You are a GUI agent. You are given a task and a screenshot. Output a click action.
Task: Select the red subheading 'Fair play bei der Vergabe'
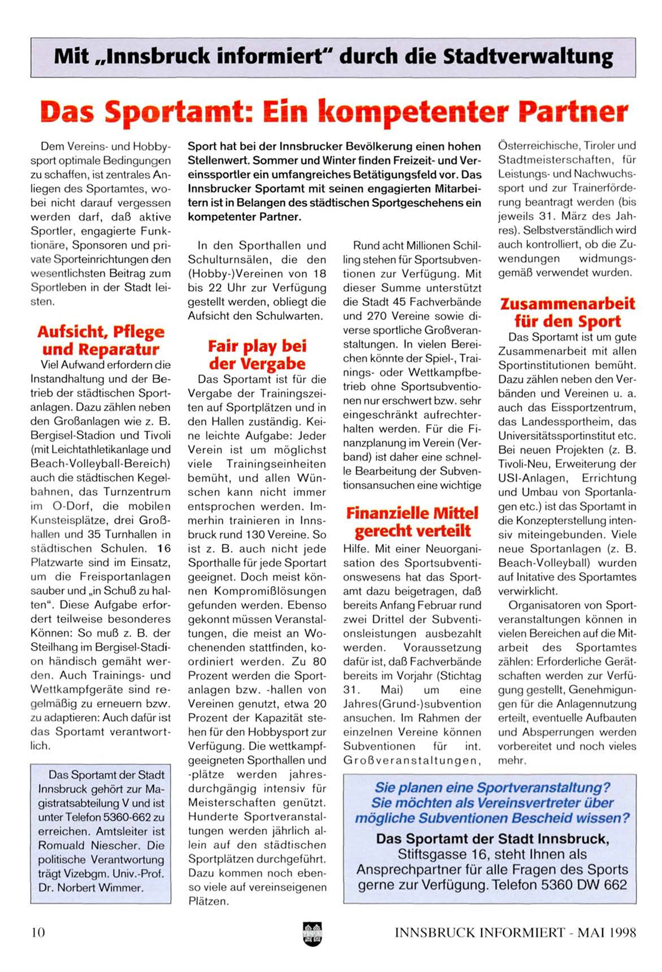(x=257, y=355)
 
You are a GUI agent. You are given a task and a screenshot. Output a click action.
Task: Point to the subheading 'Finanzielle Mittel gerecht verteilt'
(x=412, y=522)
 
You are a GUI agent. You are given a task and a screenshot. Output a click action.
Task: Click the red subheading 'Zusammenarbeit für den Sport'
(x=567, y=312)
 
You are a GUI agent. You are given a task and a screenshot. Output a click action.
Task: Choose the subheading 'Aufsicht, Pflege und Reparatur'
(x=101, y=340)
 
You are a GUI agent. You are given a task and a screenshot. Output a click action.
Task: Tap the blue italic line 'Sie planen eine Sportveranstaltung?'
(x=492, y=787)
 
